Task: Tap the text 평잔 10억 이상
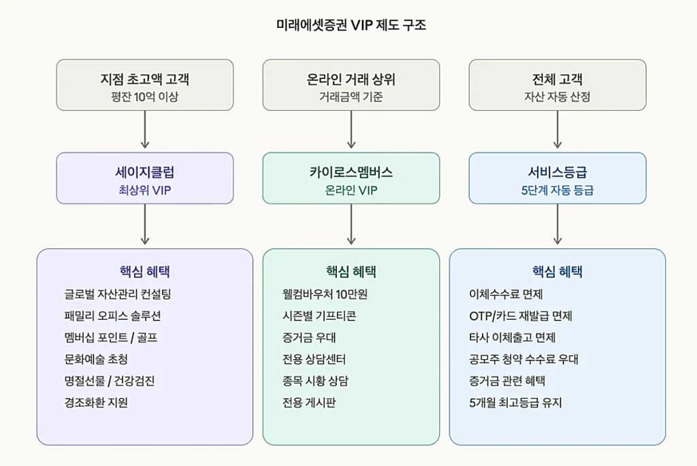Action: coord(144,97)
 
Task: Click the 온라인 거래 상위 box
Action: coord(351,84)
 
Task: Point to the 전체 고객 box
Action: coord(557,84)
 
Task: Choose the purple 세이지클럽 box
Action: coord(144,178)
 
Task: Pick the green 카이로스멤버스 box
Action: coord(351,178)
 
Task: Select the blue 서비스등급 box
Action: coord(557,178)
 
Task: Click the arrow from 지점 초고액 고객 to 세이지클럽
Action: coord(144,129)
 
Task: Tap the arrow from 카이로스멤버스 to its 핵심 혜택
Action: coord(351,224)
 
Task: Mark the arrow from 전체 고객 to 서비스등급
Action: coord(557,129)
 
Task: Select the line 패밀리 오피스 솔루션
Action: coord(112,316)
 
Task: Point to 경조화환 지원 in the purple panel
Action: coord(96,402)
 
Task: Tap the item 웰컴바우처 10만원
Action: coord(325,294)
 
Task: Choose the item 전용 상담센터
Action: coord(314,359)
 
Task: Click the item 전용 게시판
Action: coord(309,402)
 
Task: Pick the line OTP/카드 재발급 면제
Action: coord(520,316)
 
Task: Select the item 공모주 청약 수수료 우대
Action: coord(523,359)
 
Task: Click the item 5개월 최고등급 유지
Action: coord(515,402)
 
